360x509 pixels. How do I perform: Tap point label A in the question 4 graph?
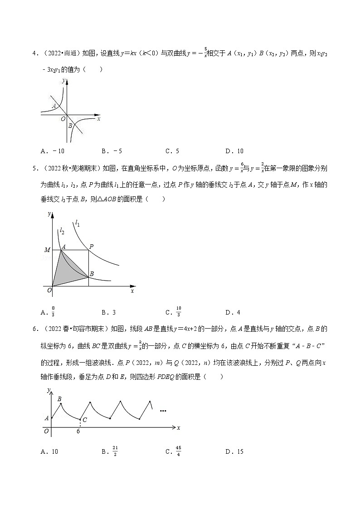pos(54,106)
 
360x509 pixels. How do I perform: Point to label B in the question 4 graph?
pos(70,126)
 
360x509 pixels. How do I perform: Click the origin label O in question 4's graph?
pos(63,119)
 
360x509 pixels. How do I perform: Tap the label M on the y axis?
pos(47,250)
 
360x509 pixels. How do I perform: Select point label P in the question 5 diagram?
pos(91,247)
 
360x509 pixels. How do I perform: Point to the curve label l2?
pos(62,231)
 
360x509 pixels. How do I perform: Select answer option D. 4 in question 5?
pos(233,312)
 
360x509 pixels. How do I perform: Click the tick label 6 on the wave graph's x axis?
pos(78,432)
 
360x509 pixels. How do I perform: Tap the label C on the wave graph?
pos(84,420)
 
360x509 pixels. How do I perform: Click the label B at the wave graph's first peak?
pos(59,399)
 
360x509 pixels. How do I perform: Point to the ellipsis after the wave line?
pos(163,411)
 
